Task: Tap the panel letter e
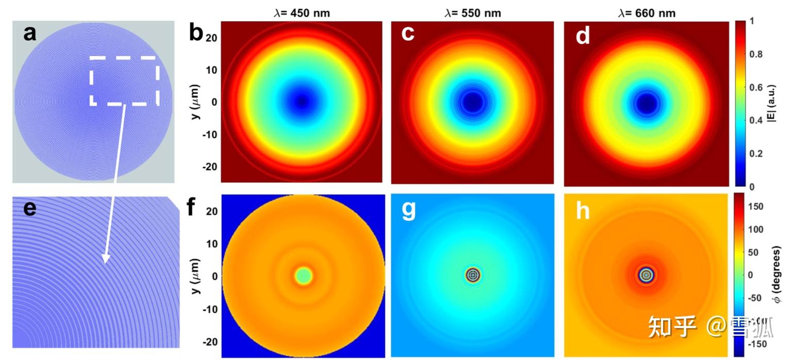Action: pos(30,209)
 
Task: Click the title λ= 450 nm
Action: pos(302,12)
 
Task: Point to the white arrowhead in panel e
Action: pos(106,258)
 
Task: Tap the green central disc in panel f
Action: pos(303,275)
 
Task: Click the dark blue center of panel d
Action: pos(646,103)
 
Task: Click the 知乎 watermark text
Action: pos(671,326)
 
